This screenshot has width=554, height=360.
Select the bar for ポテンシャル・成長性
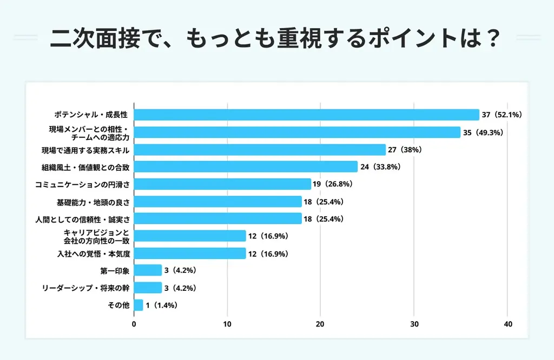click(306, 115)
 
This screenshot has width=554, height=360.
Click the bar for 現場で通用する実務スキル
click(260, 150)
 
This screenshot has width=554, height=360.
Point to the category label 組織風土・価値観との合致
click(86, 167)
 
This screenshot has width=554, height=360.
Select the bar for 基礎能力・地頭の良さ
click(217, 202)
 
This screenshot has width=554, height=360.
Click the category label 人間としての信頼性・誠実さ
click(86, 219)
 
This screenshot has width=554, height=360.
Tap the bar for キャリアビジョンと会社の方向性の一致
click(190, 236)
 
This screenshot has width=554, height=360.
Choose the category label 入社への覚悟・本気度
click(94, 254)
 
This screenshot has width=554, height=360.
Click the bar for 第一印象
click(148, 270)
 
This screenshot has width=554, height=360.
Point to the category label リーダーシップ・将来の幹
click(85, 288)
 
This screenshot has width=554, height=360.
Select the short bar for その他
click(138, 305)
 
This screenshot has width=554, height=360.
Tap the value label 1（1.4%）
click(161, 305)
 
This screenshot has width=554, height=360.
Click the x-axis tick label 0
click(134, 324)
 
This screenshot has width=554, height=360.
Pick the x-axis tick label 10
click(227, 324)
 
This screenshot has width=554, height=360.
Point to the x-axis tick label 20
click(320, 324)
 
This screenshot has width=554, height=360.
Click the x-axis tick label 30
click(414, 324)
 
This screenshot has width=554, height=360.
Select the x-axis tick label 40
click(507, 324)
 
